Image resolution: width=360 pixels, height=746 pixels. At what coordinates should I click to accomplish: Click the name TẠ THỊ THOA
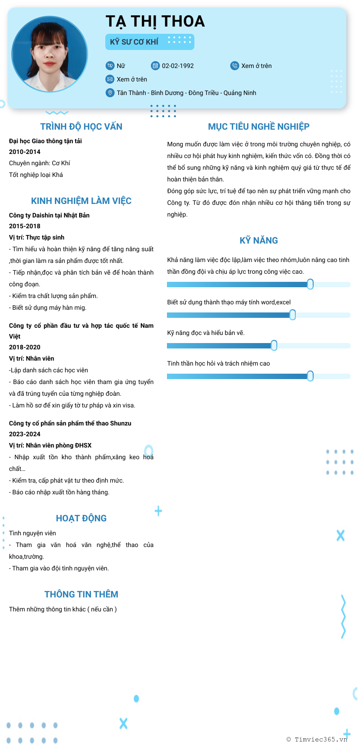[155, 21]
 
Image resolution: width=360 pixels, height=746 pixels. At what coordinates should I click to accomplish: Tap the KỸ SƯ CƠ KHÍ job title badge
[149, 42]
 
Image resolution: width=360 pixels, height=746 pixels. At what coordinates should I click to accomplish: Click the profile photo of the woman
[49, 54]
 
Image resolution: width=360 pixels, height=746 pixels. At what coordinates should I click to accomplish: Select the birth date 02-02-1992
[178, 66]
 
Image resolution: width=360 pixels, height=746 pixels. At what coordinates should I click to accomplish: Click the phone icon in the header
[234, 66]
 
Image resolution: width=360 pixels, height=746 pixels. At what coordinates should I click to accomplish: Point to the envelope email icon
[110, 79]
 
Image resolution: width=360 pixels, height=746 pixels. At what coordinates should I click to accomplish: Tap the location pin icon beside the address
[110, 93]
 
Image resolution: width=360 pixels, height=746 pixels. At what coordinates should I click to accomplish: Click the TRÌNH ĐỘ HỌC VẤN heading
[81, 127]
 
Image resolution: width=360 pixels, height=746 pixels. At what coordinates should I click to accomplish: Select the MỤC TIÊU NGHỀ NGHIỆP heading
[258, 127]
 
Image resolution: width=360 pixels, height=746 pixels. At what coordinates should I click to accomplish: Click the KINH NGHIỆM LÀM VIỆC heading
[81, 201]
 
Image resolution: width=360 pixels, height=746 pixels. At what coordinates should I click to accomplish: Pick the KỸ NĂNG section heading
[258, 240]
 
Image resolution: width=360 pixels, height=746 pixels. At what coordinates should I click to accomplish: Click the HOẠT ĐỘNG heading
[81, 518]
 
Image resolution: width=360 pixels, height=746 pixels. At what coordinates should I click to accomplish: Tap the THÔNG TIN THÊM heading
[81, 594]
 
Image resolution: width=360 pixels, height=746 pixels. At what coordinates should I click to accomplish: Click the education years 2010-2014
[25, 152]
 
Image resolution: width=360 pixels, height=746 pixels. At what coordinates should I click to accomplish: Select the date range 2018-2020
[25, 347]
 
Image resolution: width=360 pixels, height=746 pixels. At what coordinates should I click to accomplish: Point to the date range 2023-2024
[25, 434]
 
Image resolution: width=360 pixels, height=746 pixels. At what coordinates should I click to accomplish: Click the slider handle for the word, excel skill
[292, 315]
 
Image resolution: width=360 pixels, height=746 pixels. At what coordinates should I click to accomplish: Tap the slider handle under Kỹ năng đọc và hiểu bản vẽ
[274, 345]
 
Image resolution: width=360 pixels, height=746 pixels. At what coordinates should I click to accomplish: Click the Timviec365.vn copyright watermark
[317, 739]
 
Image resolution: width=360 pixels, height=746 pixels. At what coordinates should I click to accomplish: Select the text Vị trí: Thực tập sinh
[36, 237]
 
